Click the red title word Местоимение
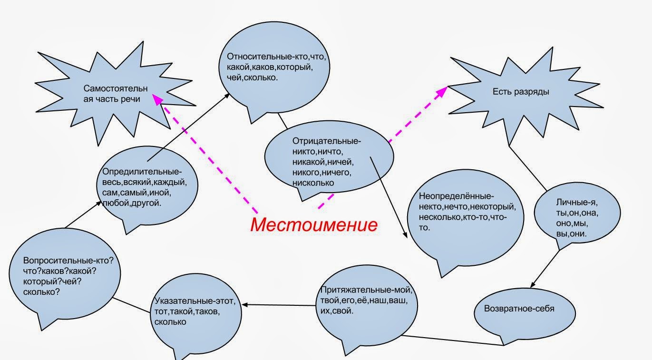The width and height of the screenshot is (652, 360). (314, 224)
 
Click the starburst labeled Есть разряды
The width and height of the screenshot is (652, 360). (521, 92)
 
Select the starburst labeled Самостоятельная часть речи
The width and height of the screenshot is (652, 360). (116, 94)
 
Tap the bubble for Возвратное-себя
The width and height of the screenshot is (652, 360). (519, 309)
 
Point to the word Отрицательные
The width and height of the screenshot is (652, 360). (327, 141)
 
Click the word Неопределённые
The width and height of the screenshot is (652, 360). (457, 196)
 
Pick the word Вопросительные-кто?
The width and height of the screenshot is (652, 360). (71, 261)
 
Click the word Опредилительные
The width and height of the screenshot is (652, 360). (142, 172)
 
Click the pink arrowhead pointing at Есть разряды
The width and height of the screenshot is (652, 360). (443, 90)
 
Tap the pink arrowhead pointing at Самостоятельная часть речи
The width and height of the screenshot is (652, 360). (156, 97)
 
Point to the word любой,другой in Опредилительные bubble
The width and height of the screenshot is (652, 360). (132, 204)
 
